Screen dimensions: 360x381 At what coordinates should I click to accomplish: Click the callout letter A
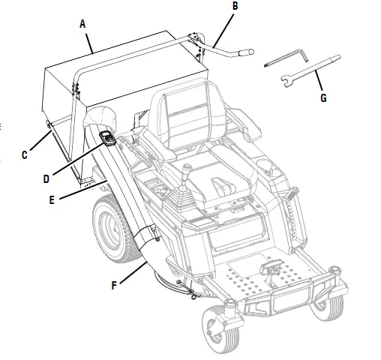point(82,24)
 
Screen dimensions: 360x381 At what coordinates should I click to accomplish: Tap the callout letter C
point(25,155)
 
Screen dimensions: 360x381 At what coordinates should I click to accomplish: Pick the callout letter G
point(323,97)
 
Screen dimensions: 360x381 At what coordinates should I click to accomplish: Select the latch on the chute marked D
point(106,138)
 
